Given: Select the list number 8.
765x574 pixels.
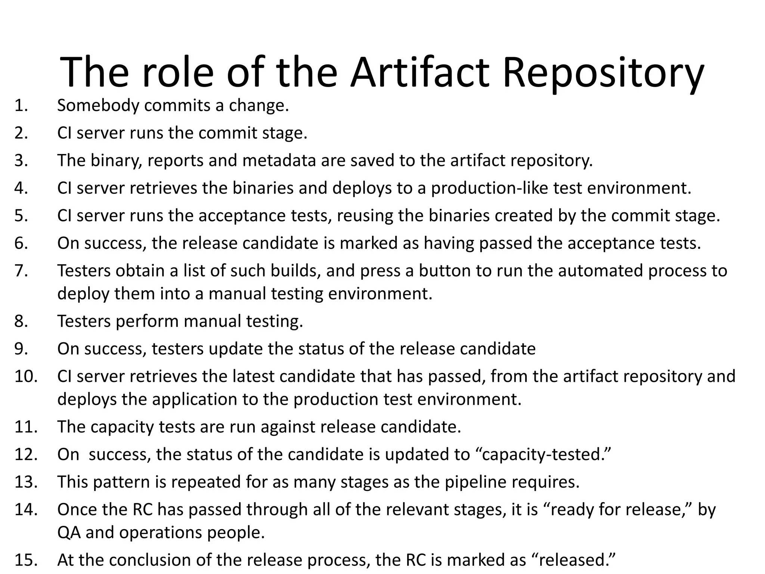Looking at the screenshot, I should (21, 321).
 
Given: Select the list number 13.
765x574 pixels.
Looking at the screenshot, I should (26, 482).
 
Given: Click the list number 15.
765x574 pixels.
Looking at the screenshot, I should (26, 560).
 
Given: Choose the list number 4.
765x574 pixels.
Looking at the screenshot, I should (21, 188).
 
